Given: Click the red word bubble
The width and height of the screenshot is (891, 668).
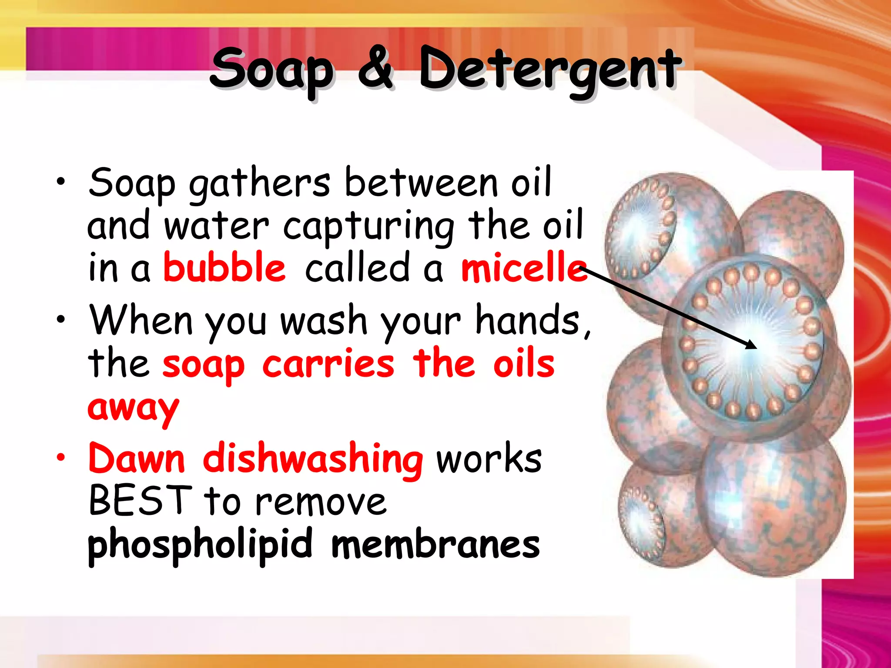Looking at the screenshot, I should [x=224, y=267].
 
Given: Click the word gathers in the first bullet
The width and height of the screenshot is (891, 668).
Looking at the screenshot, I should [x=259, y=184].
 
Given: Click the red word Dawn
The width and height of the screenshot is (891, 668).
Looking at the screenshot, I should [x=137, y=458].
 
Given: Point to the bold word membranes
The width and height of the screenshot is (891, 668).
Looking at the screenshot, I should [x=435, y=544].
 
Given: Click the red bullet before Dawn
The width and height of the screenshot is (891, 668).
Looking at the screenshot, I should [x=60, y=457].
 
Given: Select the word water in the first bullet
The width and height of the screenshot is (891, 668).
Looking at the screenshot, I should [x=216, y=226].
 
